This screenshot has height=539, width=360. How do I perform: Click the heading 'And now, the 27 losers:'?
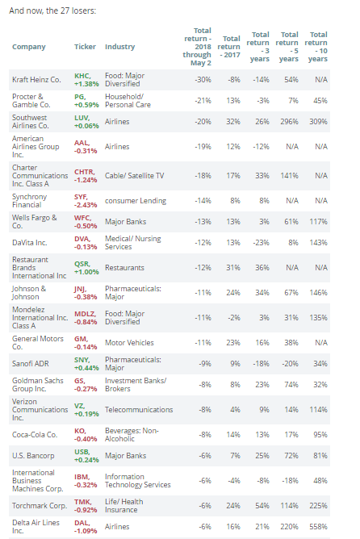click(52, 11)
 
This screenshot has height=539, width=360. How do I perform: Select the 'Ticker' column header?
click(85, 47)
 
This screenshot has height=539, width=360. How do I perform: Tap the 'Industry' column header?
click(119, 47)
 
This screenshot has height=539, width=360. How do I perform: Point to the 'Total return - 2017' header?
click(229, 47)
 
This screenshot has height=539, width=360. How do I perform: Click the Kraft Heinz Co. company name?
click(36, 80)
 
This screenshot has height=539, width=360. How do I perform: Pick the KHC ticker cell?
click(86, 80)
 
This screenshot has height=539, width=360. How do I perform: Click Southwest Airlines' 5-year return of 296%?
click(289, 122)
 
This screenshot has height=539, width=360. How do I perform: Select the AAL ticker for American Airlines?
click(86, 147)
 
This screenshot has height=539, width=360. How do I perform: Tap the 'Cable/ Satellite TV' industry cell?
click(135, 176)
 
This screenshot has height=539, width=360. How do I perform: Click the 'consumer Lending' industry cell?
click(136, 201)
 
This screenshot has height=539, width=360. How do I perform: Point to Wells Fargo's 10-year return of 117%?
click(318, 222)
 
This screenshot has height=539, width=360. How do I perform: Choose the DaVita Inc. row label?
click(30, 243)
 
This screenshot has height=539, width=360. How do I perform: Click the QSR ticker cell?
click(86, 268)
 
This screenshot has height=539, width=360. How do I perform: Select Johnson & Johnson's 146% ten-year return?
click(318, 293)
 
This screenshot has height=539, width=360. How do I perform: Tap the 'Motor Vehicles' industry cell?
click(129, 343)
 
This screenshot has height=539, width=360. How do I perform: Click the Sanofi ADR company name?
click(31, 364)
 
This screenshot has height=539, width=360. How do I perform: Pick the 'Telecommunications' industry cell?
click(139, 410)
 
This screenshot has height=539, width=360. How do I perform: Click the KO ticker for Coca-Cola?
click(86, 435)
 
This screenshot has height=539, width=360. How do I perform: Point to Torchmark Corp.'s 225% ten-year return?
click(318, 506)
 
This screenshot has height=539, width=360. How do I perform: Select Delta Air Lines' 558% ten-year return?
click(318, 527)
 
